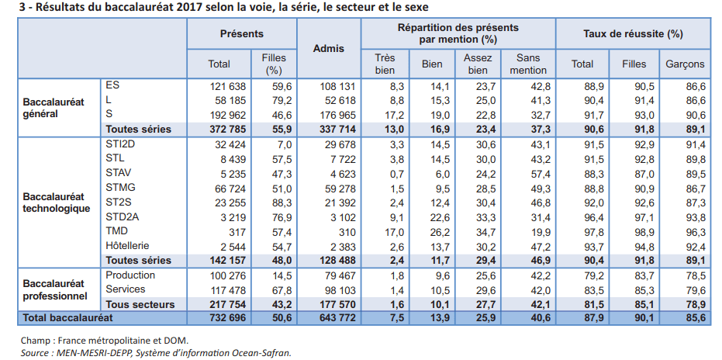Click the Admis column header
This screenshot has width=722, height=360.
[328, 48]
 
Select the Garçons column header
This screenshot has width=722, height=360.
[685, 64]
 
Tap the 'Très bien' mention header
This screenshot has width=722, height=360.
[385, 64]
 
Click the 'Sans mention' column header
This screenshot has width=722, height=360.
[527, 64]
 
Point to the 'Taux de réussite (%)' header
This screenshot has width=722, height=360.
[633, 34]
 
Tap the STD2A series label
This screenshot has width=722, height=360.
[123, 216]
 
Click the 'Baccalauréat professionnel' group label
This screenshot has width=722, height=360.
[54, 289]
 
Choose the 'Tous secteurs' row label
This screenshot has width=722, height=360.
[140, 304]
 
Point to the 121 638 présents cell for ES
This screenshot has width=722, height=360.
[227, 85]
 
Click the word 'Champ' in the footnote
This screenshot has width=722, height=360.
[34, 340]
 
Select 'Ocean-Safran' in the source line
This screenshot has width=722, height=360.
[259, 352]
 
